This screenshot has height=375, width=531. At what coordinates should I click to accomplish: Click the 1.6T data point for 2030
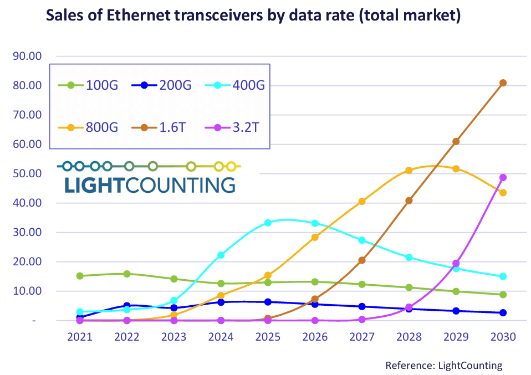pyautogui.click(x=503, y=83)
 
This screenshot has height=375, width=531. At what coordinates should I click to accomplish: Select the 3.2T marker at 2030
pyautogui.click(x=503, y=178)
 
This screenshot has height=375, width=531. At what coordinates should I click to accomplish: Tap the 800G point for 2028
pyautogui.click(x=409, y=170)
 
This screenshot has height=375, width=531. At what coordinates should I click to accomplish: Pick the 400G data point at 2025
pyautogui.click(x=268, y=223)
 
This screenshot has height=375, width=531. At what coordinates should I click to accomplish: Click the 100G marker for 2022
pyautogui.click(x=127, y=274)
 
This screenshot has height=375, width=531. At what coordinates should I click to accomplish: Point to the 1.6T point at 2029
pyautogui.click(x=456, y=141)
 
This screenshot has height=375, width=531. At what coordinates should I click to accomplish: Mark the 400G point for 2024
pyautogui.click(x=221, y=255)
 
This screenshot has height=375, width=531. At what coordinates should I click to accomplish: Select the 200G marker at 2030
pyautogui.click(x=503, y=313)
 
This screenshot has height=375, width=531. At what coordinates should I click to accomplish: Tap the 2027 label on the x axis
pyautogui.click(x=362, y=337)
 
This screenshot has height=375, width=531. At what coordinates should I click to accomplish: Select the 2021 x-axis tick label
pyautogui.click(x=80, y=337)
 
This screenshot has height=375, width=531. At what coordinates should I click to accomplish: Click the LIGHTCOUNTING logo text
pyautogui.click(x=150, y=185)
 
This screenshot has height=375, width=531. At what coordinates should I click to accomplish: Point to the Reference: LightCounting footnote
pyautogui.click(x=443, y=365)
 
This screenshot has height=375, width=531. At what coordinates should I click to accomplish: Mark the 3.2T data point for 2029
pyautogui.click(x=456, y=264)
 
